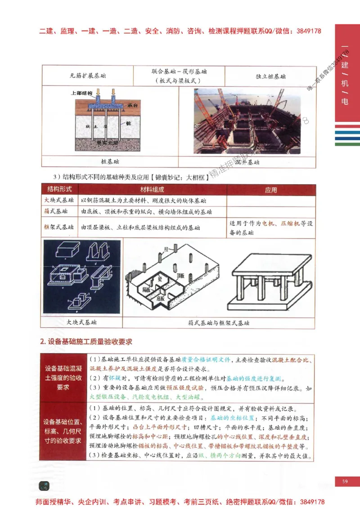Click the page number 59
coord(345,482)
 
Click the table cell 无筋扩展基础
coord(88,76)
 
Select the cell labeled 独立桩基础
coord(270,76)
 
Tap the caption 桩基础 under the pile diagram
coord(110,161)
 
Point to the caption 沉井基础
coord(247,161)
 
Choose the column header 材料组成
coord(152,190)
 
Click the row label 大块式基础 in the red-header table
coord(58,201)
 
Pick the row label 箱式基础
coord(56,211)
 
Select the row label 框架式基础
coord(58,228)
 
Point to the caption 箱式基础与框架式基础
coord(219,323)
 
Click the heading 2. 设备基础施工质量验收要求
coord(86,342)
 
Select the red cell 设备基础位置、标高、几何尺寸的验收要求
coord(63,431)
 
